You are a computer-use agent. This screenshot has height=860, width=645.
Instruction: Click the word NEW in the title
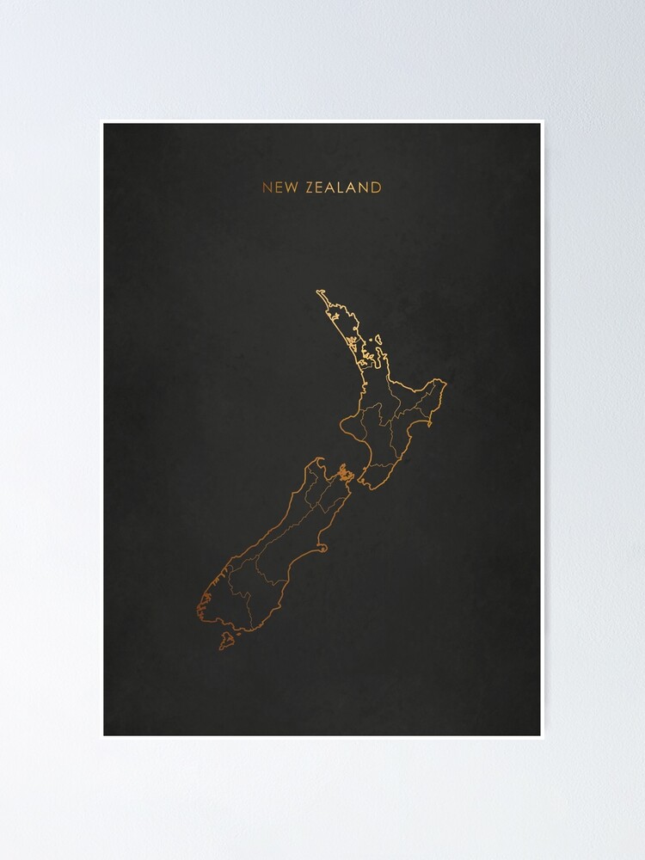click(x=277, y=187)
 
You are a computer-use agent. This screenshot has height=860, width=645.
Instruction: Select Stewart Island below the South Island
click(x=227, y=640)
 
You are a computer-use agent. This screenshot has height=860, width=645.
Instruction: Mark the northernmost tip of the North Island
click(x=318, y=292)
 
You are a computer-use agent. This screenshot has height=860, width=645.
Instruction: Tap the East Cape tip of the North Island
click(x=444, y=381)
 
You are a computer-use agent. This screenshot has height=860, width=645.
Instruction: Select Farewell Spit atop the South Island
click(x=319, y=459)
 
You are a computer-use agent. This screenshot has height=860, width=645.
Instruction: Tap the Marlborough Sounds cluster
click(x=345, y=474)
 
